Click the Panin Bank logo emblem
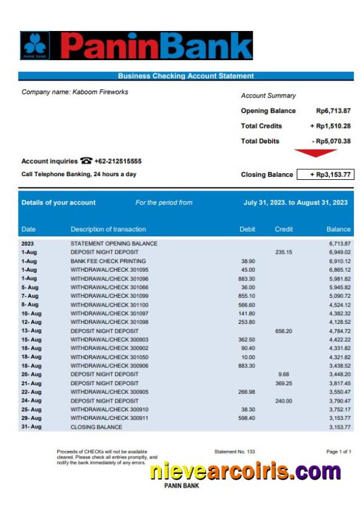click(x=35, y=45)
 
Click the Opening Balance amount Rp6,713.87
click(x=333, y=111)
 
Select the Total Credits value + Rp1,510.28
click(x=330, y=126)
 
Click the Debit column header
click(x=247, y=230)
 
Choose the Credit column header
click(x=284, y=230)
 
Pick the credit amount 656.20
click(x=284, y=331)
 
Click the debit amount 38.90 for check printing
click(x=248, y=261)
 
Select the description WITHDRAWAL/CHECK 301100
click(x=109, y=305)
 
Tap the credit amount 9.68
click(x=284, y=375)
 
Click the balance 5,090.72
click(x=340, y=296)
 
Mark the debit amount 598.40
click(x=246, y=418)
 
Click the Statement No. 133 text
click(x=235, y=452)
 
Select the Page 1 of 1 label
click(x=338, y=452)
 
